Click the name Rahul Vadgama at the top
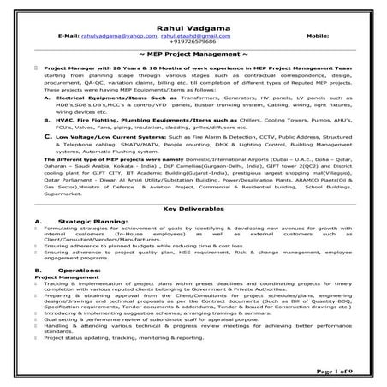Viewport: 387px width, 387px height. pos(193,28)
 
